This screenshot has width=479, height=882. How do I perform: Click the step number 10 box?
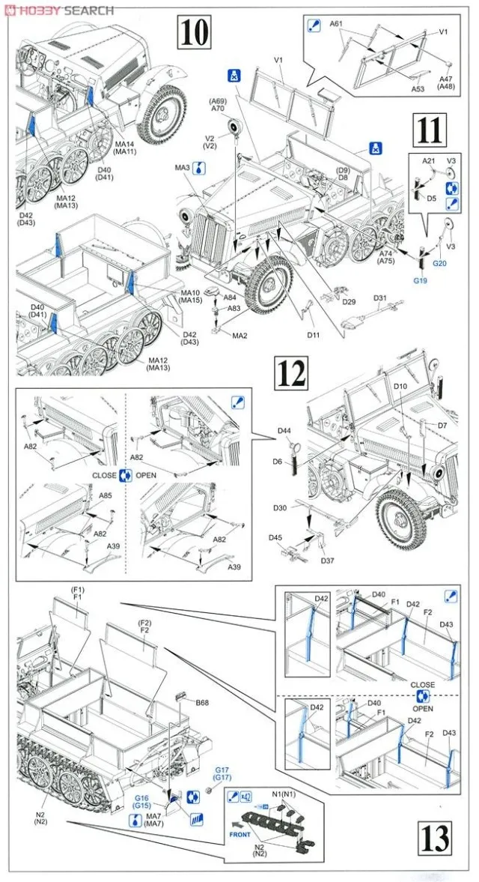tap(193, 33)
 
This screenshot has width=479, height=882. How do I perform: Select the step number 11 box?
tap(430, 130)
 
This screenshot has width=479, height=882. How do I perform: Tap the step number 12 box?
tap(289, 372)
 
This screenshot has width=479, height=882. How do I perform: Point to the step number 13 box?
tap(436, 835)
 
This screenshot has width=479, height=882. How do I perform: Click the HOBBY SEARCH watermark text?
tap(64, 10)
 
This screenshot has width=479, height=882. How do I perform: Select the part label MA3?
tap(183, 167)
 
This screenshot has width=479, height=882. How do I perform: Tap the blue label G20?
tap(440, 264)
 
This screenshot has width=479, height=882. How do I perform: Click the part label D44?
tap(284, 431)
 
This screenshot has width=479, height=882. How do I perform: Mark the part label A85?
tap(106, 495)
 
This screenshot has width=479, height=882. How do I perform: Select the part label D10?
tap(400, 386)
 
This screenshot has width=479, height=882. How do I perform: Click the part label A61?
tap(336, 25)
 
